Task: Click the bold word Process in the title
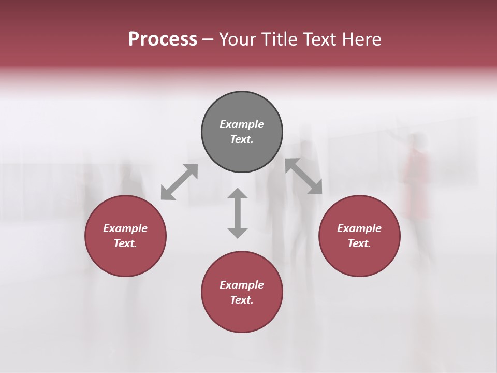[163, 39]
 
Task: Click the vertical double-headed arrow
[238, 213]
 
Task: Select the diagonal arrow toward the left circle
[179, 182]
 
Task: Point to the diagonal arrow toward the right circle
[304, 176]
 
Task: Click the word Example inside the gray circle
[242, 124]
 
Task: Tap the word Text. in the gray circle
[242, 139]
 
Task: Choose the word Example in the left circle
[125, 228]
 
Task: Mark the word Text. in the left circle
[125, 243]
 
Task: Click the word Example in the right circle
[359, 228]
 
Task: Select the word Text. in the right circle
[359, 243]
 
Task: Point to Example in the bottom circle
[242, 285]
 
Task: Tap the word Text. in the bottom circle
[242, 300]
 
